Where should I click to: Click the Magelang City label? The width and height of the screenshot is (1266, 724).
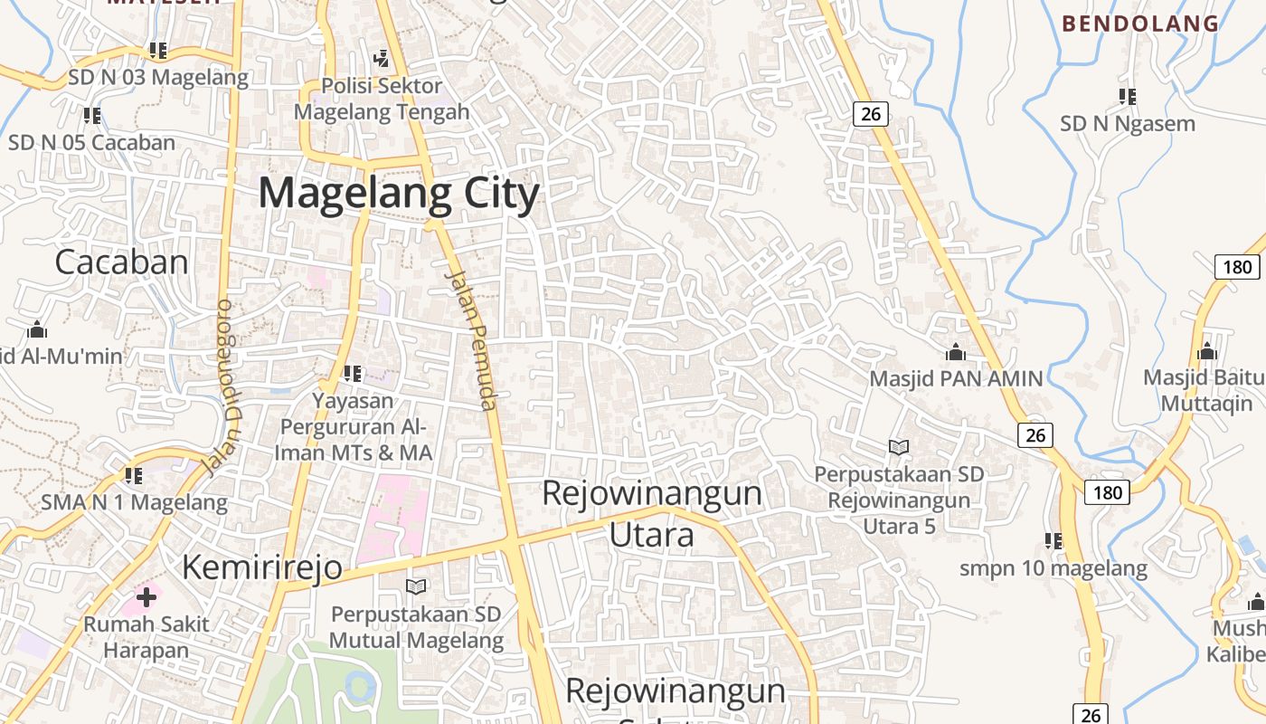(399, 194)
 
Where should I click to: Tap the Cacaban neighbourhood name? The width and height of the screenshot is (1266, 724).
(121, 262)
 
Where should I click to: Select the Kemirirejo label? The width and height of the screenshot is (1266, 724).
(262, 567)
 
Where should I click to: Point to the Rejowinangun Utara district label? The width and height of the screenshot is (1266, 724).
(652, 514)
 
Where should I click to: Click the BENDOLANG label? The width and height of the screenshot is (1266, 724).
(1140, 24)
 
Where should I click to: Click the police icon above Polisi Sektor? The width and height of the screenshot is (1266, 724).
(382, 59)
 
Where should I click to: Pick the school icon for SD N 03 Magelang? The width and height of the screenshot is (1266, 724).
(158, 51)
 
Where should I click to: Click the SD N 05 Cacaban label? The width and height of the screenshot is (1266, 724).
(91, 143)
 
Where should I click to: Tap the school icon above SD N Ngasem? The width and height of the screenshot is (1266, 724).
(1127, 96)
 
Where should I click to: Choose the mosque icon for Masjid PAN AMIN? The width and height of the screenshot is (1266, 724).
(955, 352)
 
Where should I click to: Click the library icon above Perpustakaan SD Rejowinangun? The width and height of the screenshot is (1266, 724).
(898, 447)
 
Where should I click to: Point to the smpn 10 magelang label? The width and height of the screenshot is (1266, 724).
(1053, 569)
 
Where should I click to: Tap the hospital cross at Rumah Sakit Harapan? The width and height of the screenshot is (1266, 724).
(146, 596)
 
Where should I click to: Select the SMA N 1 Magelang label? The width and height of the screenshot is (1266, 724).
(134, 502)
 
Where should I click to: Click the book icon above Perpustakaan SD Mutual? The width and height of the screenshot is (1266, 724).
(416, 586)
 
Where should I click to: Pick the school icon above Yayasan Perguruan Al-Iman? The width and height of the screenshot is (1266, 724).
(353, 373)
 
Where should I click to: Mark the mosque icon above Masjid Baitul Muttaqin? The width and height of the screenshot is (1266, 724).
(1206, 351)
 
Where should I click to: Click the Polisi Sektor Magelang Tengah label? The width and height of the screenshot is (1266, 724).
(382, 100)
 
